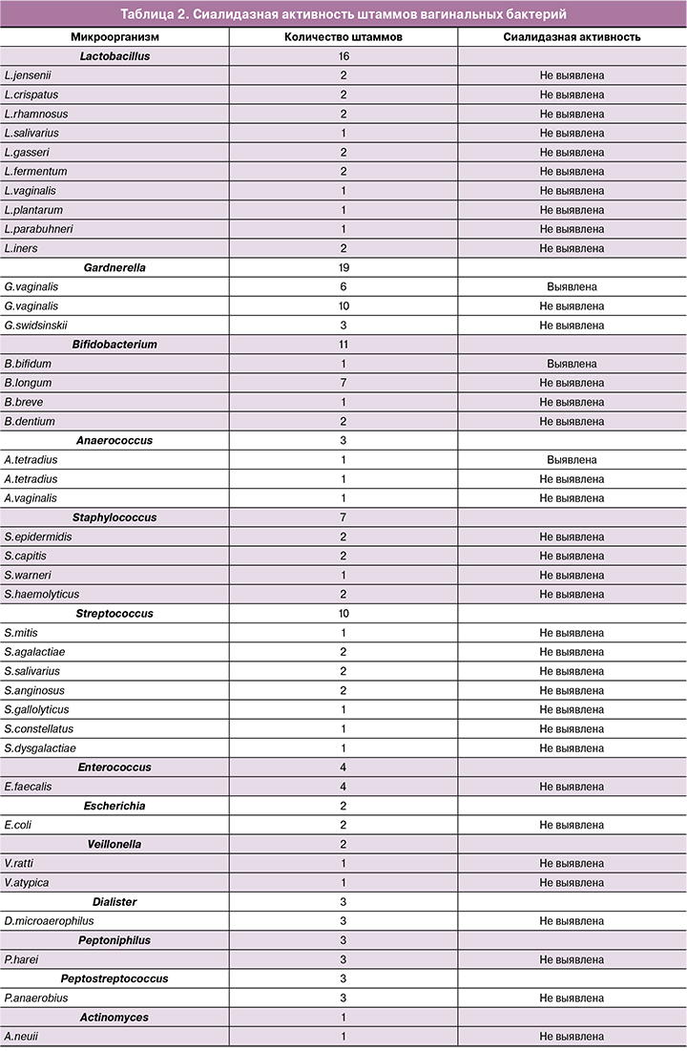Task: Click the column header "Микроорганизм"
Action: pos(114,36)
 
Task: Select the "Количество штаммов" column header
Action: pos(343,36)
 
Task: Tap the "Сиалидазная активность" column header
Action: pos(572,36)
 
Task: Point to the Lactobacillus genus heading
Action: pos(114,56)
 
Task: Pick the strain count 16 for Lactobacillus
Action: pos(343,56)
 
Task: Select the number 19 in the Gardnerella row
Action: pos(343,268)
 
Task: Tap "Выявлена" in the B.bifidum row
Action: pos(572,364)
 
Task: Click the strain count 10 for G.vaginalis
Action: pos(343,306)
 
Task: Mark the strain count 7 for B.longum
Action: pos(343,383)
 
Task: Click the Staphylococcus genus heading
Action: pos(114,517)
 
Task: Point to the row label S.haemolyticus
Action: pos(42,595)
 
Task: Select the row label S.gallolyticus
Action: pos(36,710)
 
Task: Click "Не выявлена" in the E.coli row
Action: pos(572,826)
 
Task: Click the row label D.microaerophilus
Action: pos(49,921)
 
